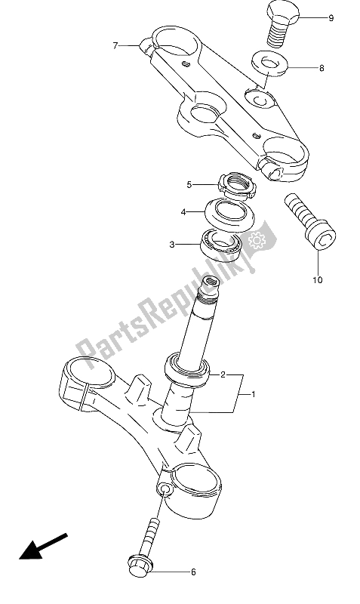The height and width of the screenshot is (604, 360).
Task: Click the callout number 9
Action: tap(330, 17)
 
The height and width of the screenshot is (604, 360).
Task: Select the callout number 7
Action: tap(115, 46)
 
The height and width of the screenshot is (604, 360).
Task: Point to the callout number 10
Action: tap(317, 280)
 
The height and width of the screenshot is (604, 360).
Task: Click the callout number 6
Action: tap(192, 572)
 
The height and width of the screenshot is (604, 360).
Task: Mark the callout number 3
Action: tap(172, 245)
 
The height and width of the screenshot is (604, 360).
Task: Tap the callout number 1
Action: tap(254, 394)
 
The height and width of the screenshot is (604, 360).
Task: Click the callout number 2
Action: tap(223, 374)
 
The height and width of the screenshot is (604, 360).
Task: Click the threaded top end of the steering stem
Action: tap(209, 287)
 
